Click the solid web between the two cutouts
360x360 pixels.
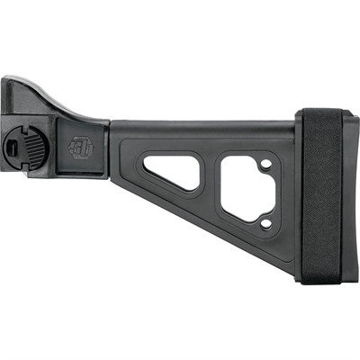tap(210, 184)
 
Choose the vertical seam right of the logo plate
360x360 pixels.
tap(108, 148)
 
